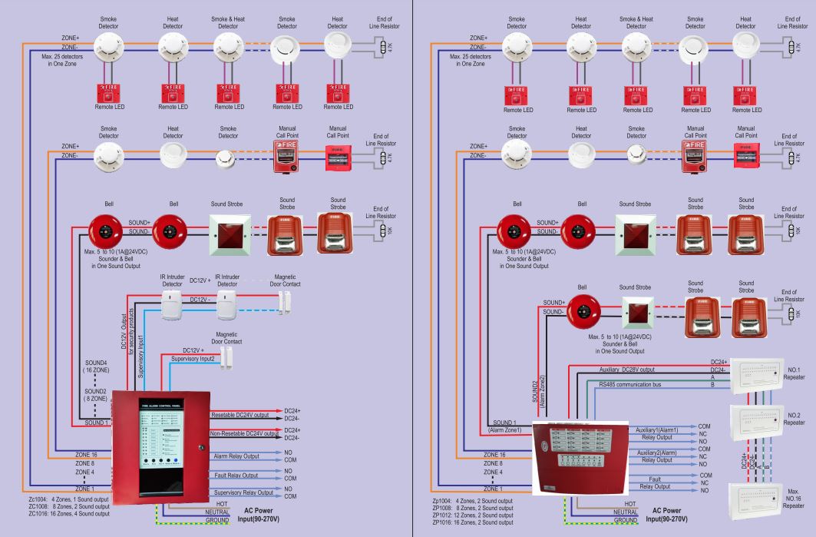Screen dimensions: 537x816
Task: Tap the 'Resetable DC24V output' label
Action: pos(243,415)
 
